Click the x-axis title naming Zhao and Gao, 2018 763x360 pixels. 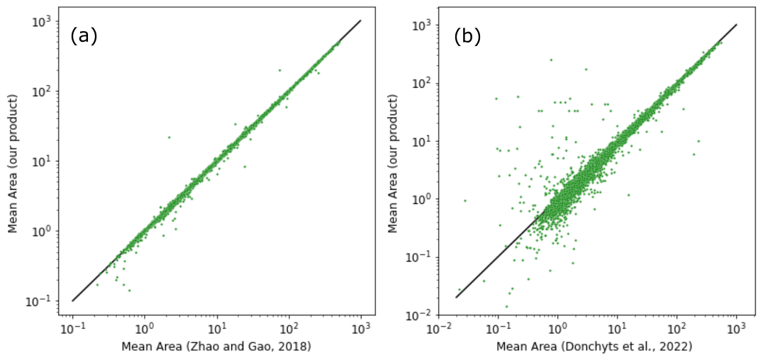[x=216, y=347]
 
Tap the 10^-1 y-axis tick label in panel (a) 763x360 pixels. [x=42, y=301]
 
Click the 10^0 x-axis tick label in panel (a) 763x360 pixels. [x=145, y=328]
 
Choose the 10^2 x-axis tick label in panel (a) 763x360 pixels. [x=289, y=328]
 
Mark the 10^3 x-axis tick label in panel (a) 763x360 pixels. [x=361, y=328]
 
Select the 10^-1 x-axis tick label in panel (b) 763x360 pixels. [x=498, y=328]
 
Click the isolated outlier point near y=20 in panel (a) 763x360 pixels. [x=169, y=137]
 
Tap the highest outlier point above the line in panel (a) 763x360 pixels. [x=279, y=70]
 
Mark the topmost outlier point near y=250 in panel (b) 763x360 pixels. [x=550, y=60]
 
